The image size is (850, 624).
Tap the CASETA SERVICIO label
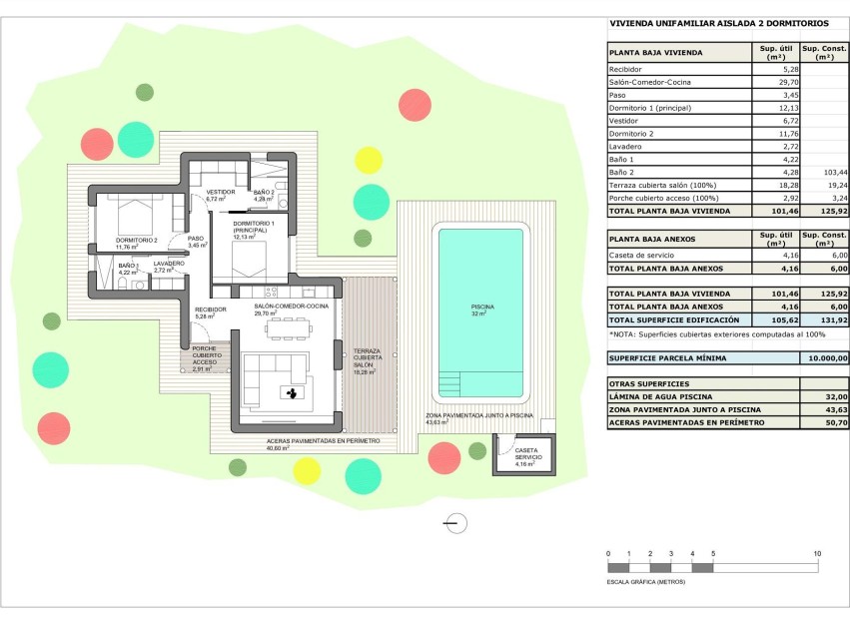click(x=525, y=455)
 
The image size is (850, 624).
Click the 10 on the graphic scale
click(x=817, y=553)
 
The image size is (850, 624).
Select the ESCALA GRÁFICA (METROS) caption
click(x=646, y=580)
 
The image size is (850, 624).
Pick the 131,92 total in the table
click(x=833, y=318)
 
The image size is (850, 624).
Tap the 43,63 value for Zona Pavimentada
click(x=833, y=409)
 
